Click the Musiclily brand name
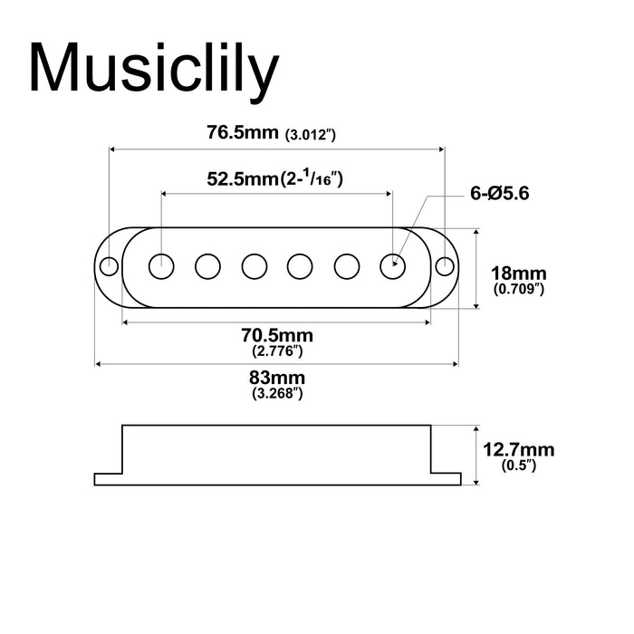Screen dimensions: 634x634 (151, 68)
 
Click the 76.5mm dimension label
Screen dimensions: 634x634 (243, 132)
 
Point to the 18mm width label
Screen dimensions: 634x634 (517, 273)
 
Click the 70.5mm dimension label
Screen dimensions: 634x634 (276, 335)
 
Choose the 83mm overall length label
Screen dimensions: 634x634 (276, 378)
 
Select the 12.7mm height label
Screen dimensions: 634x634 (519, 450)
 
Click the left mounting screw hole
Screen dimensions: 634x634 (109, 266)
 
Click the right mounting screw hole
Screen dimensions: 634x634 (445, 266)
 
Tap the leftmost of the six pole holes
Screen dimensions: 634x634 (161, 266)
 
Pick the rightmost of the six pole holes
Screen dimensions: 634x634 (392, 266)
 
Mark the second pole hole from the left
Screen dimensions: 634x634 (207, 266)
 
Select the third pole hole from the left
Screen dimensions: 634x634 (254, 266)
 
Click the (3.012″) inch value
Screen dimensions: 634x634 (311, 135)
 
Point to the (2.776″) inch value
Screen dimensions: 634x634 (276, 351)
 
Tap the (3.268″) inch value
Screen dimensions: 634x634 (276, 393)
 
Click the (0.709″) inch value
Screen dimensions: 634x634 (517, 290)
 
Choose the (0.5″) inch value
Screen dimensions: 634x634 (519, 466)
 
